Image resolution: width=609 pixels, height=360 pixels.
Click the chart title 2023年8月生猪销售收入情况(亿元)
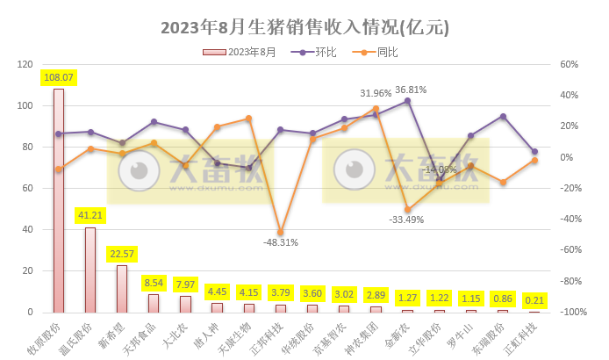pyautogui.click(x=304, y=27)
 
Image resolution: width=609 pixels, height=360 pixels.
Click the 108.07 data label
pyautogui.click(x=59, y=77)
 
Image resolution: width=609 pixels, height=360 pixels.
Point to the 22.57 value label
pyautogui.click(x=122, y=254)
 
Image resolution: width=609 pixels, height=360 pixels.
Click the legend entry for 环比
pyautogui.click(x=327, y=53)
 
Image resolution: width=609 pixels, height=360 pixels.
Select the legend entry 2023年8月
pyautogui.click(x=251, y=53)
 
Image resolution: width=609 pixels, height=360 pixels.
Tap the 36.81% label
pyautogui.click(x=411, y=90)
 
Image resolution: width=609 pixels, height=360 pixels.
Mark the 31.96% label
pyautogui.click(x=376, y=93)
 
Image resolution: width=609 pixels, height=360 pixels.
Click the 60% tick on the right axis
pyautogui.click(x=569, y=65)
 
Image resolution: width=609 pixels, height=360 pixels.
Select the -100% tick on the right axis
pyautogui.click(x=572, y=313)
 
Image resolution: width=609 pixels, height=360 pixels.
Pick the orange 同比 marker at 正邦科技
pyautogui.click(x=280, y=233)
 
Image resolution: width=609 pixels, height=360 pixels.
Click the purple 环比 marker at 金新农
pyautogui.click(x=407, y=101)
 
